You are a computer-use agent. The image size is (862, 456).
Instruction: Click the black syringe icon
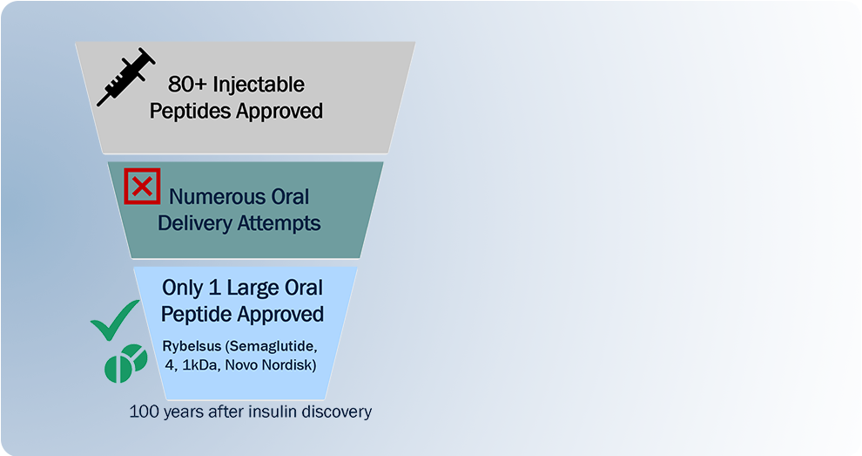tap(126, 76)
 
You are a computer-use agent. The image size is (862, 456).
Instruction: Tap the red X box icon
tap(143, 186)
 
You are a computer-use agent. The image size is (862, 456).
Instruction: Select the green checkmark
tap(116, 320)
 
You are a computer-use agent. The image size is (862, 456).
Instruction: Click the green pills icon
tap(126, 363)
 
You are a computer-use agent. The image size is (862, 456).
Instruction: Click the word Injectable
tap(259, 85)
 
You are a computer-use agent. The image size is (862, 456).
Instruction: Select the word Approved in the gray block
tap(279, 112)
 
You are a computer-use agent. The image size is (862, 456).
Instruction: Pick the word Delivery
tap(195, 223)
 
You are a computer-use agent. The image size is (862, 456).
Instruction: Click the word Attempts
tap(279, 223)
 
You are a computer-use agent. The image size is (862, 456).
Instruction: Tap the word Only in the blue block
tap(183, 288)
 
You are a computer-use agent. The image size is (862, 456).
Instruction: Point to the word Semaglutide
tap(272, 346)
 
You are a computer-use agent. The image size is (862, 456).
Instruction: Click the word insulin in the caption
tap(270, 412)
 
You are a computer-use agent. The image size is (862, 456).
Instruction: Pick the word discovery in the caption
tap(333, 412)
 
